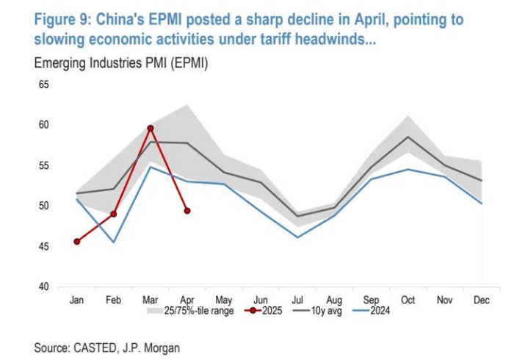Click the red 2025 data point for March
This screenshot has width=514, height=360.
pyautogui.click(x=150, y=129)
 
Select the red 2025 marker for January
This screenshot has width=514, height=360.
pyautogui.click(x=76, y=241)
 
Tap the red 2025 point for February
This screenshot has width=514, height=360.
pyautogui.click(x=114, y=214)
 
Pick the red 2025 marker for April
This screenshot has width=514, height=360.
pyautogui.click(x=187, y=211)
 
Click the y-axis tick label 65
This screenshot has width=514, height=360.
pyautogui.click(x=43, y=85)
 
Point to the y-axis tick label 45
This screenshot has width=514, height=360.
pyautogui.click(x=43, y=246)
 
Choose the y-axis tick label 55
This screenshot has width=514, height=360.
pyautogui.click(x=43, y=166)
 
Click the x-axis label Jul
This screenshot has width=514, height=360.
pyautogui.click(x=297, y=300)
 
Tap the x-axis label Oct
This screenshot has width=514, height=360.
pyautogui.click(x=408, y=300)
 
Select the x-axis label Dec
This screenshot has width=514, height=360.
pyautogui.click(x=482, y=300)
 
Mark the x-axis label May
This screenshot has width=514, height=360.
pyautogui.click(x=223, y=300)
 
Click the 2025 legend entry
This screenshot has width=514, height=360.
pyautogui.click(x=264, y=311)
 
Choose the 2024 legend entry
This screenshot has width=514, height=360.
pyautogui.click(x=372, y=311)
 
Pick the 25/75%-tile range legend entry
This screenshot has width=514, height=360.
pyautogui.click(x=191, y=311)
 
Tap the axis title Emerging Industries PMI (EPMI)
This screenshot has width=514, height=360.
pyautogui.click(x=121, y=65)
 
